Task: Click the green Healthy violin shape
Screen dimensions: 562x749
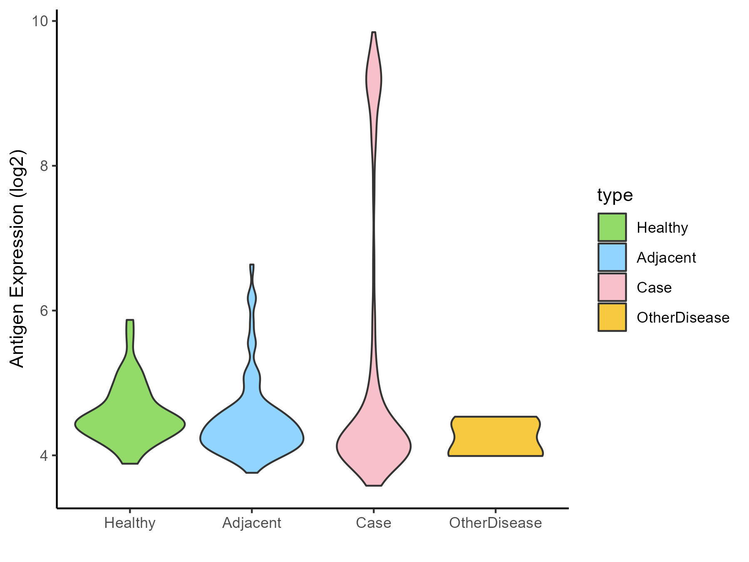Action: [130, 425]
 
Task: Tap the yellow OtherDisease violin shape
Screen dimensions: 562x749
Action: [495, 436]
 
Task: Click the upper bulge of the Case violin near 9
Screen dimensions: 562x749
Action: [374, 79]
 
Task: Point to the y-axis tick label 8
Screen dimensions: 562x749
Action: [43, 166]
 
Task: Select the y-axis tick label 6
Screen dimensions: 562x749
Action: [43, 311]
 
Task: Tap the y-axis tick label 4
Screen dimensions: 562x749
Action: [43, 456]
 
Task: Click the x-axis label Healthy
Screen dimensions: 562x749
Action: [130, 523]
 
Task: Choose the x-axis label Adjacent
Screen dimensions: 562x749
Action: [252, 523]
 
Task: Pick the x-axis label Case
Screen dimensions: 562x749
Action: [374, 523]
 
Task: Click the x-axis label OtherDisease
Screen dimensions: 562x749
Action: [495, 523]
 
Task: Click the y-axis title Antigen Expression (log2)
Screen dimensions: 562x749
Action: [17, 258]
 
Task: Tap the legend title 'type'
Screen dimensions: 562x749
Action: [615, 195]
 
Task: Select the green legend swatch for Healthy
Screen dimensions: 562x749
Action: [612, 227]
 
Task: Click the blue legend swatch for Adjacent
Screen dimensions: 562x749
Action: [612, 257]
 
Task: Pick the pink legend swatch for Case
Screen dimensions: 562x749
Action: [612, 287]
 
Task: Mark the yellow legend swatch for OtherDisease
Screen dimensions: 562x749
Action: [612, 317]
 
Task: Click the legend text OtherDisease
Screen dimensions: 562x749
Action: [683, 318]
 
